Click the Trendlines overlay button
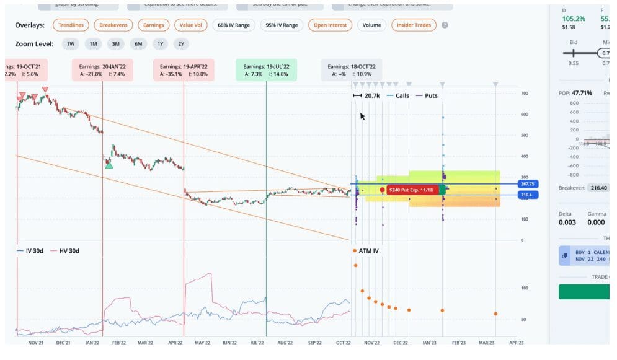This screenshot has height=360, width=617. [71, 25]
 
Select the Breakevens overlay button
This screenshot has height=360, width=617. [113, 25]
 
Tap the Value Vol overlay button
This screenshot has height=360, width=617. [190, 25]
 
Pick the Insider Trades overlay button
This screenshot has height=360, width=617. [414, 25]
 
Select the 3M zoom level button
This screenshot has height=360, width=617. [115, 44]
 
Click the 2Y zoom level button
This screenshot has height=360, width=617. [180, 44]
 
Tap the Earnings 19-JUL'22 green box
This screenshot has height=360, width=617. [266, 70]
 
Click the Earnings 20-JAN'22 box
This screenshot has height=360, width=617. [102, 70]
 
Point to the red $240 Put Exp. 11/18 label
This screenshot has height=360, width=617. [412, 190]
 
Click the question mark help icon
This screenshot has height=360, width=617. [445, 25]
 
